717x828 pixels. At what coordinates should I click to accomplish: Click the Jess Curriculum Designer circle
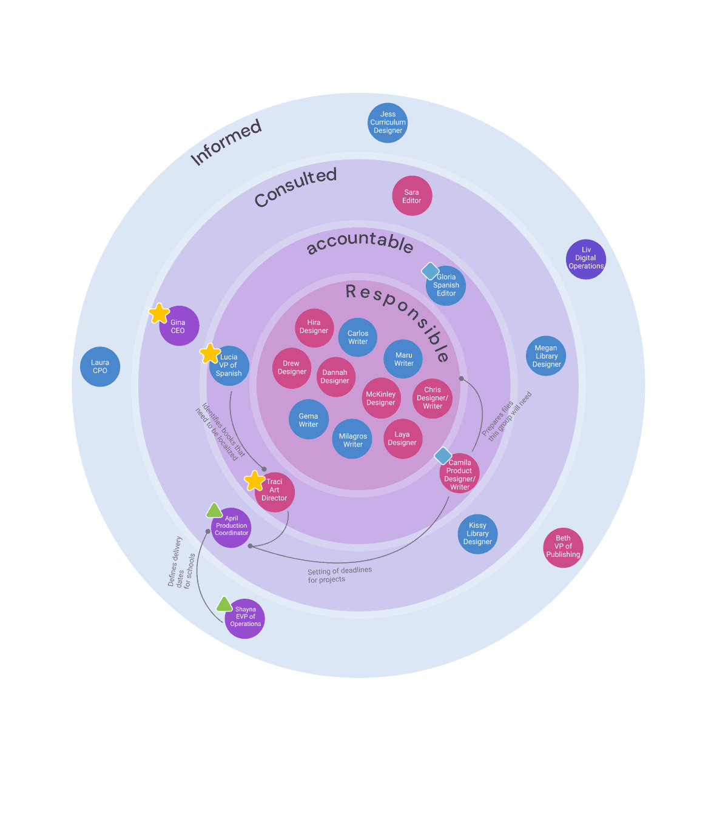tap(388, 123)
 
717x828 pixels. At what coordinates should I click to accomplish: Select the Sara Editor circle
tap(412, 196)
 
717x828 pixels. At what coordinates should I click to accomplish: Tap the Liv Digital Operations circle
tap(585, 259)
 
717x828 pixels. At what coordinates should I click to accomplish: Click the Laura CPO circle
tap(100, 367)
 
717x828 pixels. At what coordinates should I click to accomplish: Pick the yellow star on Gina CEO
tap(159, 314)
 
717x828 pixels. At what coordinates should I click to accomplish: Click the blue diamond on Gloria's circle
tap(430, 271)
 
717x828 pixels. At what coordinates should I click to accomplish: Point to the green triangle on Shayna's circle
tap(224, 604)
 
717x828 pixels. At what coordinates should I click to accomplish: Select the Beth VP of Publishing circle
tap(563, 547)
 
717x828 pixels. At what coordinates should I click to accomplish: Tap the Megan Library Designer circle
tap(546, 356)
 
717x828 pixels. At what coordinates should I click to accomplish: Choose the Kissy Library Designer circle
tap(477, 534)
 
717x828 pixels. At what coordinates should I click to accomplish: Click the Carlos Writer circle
tap(358, 337)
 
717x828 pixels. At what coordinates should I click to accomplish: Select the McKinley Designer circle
tap(381, 399)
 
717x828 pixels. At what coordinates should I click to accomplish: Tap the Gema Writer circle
tap(308, 420)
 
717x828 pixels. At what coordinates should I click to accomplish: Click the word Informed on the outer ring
tap(226, 143)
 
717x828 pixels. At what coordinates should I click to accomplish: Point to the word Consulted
tap(295, 187)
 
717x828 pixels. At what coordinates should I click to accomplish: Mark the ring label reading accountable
tap(360, 242)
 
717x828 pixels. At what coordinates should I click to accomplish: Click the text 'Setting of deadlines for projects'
tap(339, 575)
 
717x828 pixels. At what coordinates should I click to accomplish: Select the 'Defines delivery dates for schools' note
tap(181, 562)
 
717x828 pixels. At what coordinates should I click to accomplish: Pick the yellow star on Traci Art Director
tap(255, 481)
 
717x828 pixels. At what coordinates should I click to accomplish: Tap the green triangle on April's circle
tap(214, 511)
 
